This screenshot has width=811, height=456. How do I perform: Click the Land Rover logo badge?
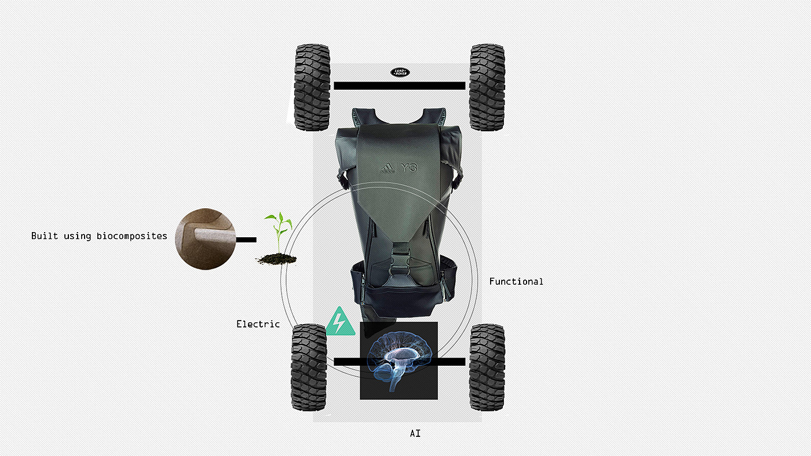click(399, 72)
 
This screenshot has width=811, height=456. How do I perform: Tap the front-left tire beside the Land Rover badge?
click(312, 87)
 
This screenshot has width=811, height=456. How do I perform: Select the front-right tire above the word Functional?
click(487, 87)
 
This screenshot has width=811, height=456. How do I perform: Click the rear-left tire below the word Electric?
click(309, 367)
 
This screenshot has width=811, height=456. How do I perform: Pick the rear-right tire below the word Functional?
click(487, 367)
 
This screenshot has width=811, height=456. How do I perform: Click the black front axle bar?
click(399, 86)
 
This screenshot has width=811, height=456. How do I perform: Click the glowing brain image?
click(399, 360)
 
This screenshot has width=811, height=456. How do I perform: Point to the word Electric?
click(258, 324)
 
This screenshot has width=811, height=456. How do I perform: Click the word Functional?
click(516, 282)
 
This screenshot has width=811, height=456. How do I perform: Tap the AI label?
click(415, 433)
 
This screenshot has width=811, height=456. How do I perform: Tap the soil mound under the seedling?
click(276, 259)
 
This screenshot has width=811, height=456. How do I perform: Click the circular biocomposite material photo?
click(204, 239)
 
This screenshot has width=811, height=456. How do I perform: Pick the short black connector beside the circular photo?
click(246, 239)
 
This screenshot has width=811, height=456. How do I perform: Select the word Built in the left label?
click(44, 236)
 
